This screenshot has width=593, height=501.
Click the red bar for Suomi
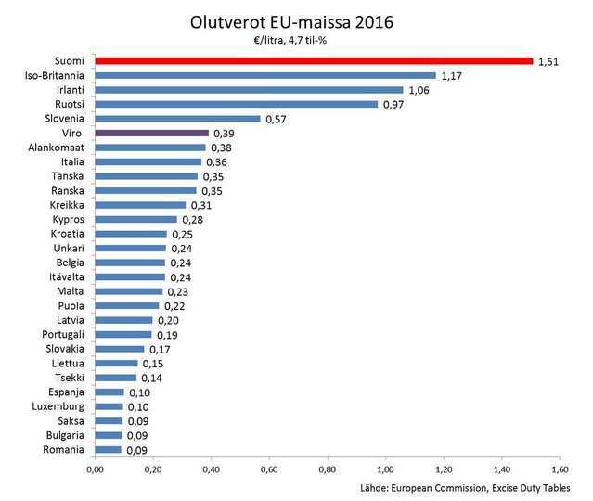coord(314,61)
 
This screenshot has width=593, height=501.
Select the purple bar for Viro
coord(151,134)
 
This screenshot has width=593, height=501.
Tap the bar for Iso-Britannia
coord(264,75)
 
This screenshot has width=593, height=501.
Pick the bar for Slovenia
coord(177,119)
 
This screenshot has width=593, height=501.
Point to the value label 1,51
coord(548,62)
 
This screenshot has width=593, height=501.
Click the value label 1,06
coord(418,90)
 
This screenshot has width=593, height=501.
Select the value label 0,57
coord(276,119)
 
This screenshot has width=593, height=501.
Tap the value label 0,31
coord(200,205)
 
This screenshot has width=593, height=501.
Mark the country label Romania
coord(65,449)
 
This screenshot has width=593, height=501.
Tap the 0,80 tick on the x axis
coord(327,470)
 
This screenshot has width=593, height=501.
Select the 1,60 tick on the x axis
coord(559,470)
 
